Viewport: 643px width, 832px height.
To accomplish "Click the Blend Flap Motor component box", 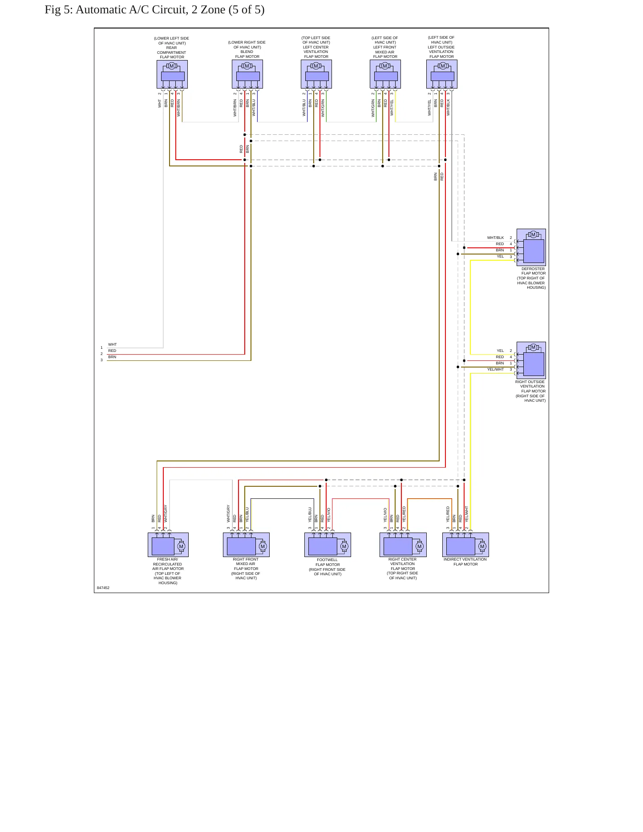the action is pos(247,74).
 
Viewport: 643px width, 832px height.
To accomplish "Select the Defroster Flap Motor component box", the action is pos(531,247).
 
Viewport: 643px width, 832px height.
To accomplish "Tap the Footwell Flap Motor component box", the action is pos(328,545).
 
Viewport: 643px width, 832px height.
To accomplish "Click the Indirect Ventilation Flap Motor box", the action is pos(465,545).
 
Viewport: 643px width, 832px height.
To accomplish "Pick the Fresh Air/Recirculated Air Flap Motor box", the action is pos(168,545).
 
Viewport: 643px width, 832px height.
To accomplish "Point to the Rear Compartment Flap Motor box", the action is pos(172,74).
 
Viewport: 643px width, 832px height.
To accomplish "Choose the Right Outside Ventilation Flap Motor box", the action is pos(531,360).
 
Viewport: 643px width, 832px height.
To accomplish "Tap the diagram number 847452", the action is pos(103,588).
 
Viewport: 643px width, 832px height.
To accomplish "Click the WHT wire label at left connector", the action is pos(113,344).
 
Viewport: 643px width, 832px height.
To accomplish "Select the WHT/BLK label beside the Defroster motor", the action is pos(495,238).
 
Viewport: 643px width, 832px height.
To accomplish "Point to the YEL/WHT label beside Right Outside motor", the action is pos(495,369).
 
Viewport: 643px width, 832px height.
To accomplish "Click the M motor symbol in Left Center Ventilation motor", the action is pos(316,66).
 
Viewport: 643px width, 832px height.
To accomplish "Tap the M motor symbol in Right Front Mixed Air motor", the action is pos(263,546).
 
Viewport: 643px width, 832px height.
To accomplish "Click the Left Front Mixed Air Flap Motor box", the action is pos(385,74).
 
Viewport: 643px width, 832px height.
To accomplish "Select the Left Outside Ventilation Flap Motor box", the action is pos(442,74).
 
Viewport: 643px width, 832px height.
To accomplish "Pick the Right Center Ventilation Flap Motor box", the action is pos(403,545).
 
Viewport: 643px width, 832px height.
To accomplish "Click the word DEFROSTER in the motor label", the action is pos(533,269).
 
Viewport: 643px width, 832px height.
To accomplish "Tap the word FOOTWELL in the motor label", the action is pos(327,560).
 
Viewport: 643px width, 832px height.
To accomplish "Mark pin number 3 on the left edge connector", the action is pos(101,360).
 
